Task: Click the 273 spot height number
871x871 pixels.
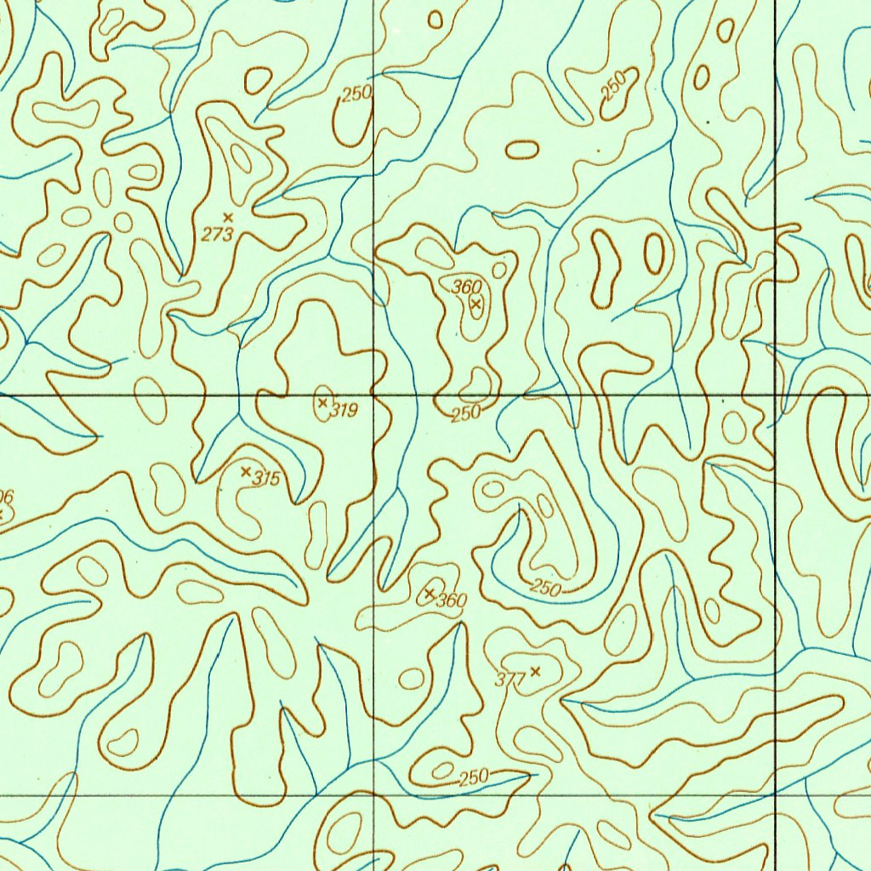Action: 217,235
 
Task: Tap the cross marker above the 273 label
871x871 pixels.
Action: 227,219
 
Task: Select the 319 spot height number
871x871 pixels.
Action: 344,411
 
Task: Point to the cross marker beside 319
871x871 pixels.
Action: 322,402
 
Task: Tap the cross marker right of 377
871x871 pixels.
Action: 534,671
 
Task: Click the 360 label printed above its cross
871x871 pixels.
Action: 467,287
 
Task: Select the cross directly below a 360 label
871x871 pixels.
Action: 476,303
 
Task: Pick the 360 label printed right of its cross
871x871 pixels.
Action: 452,601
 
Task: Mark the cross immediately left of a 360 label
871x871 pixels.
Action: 430,592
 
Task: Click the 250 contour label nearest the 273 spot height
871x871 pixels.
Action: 357,94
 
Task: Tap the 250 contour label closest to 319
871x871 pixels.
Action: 466,413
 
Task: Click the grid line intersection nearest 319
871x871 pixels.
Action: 374,396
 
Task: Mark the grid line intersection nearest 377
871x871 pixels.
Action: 374,795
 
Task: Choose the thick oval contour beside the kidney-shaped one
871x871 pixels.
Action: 653,253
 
